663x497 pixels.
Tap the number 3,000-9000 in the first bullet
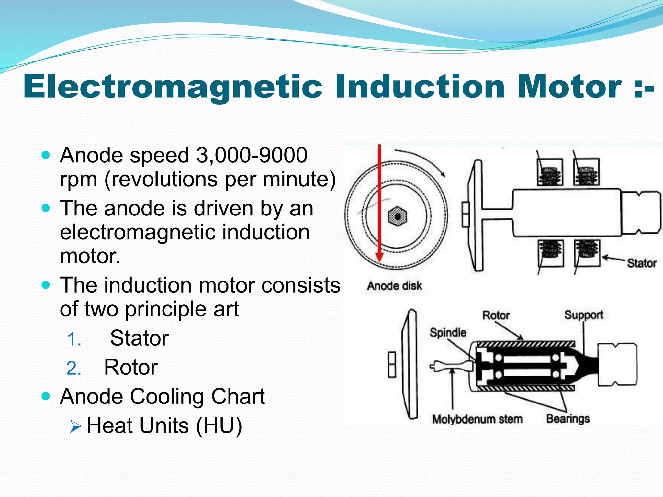[252, 155]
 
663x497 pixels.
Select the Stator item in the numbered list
[139, 338]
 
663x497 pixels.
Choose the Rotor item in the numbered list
[131, 367]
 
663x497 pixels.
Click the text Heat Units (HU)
[164, 425]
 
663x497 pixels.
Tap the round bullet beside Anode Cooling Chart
[46, 396]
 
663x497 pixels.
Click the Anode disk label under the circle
[394, 286]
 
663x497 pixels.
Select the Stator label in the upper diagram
[642, 263]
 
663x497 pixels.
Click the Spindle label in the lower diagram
[448, 332]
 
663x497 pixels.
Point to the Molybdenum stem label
[477, 419]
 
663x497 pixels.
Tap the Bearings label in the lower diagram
[568, 419]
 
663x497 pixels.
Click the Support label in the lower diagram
[584, 315]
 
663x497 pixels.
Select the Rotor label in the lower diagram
[496, 315]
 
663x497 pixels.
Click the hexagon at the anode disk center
[397, 216]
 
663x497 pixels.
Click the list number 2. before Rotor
[74, 369]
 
